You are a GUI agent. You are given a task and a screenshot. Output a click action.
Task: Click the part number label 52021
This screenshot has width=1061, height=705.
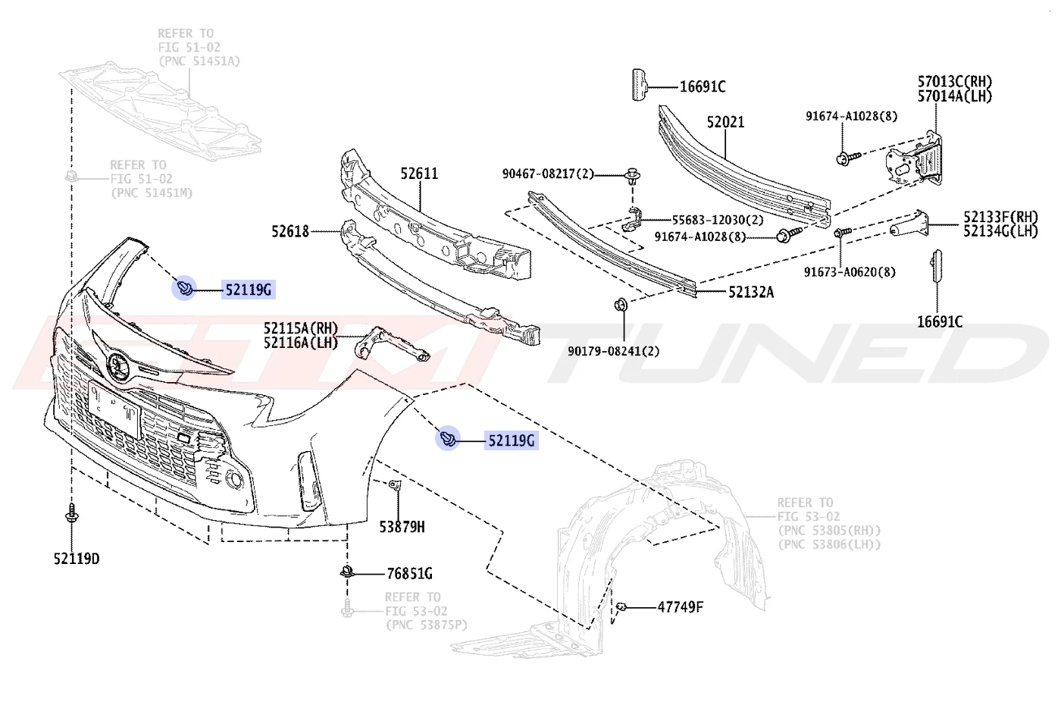tap(726, 122)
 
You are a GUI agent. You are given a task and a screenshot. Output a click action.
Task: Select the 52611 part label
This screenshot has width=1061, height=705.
tap(419, 174)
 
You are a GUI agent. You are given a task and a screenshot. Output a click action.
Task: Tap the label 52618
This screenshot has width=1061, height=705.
tap(290, 231)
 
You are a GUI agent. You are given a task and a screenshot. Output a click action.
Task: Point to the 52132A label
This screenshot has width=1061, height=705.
tap(751, 292)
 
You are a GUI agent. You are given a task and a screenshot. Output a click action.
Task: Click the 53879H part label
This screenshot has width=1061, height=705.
tap(402, 526)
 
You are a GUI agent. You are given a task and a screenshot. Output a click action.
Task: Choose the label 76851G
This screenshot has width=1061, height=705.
tap(409, 574)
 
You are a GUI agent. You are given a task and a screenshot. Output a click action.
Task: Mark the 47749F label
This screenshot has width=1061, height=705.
tap(681, 607)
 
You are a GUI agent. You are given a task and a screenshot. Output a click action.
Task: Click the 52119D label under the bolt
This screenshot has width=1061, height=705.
tap(77, 559)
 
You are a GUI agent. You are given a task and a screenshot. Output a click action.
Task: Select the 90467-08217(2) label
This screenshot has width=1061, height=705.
tap(548, 174)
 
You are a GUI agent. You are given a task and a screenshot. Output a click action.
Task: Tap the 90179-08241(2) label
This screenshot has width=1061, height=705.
tap(613, 351)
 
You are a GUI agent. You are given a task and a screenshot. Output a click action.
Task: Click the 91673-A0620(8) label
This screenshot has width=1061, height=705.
tap(850, 272)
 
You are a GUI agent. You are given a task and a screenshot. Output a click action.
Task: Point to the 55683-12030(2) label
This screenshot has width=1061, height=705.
tap(718, 220)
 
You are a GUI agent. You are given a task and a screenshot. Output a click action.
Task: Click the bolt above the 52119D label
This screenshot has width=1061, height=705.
tap(71, 513)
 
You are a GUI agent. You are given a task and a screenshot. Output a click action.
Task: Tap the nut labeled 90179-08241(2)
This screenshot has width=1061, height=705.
tap(621, 305)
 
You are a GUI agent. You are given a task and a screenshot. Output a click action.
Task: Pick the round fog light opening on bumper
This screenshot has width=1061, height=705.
tap(234, 479)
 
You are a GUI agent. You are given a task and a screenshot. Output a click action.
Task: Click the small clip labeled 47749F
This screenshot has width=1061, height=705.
tap(621, 606)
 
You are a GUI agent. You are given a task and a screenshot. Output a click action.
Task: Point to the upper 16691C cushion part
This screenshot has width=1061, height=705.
tap(640, 85)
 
